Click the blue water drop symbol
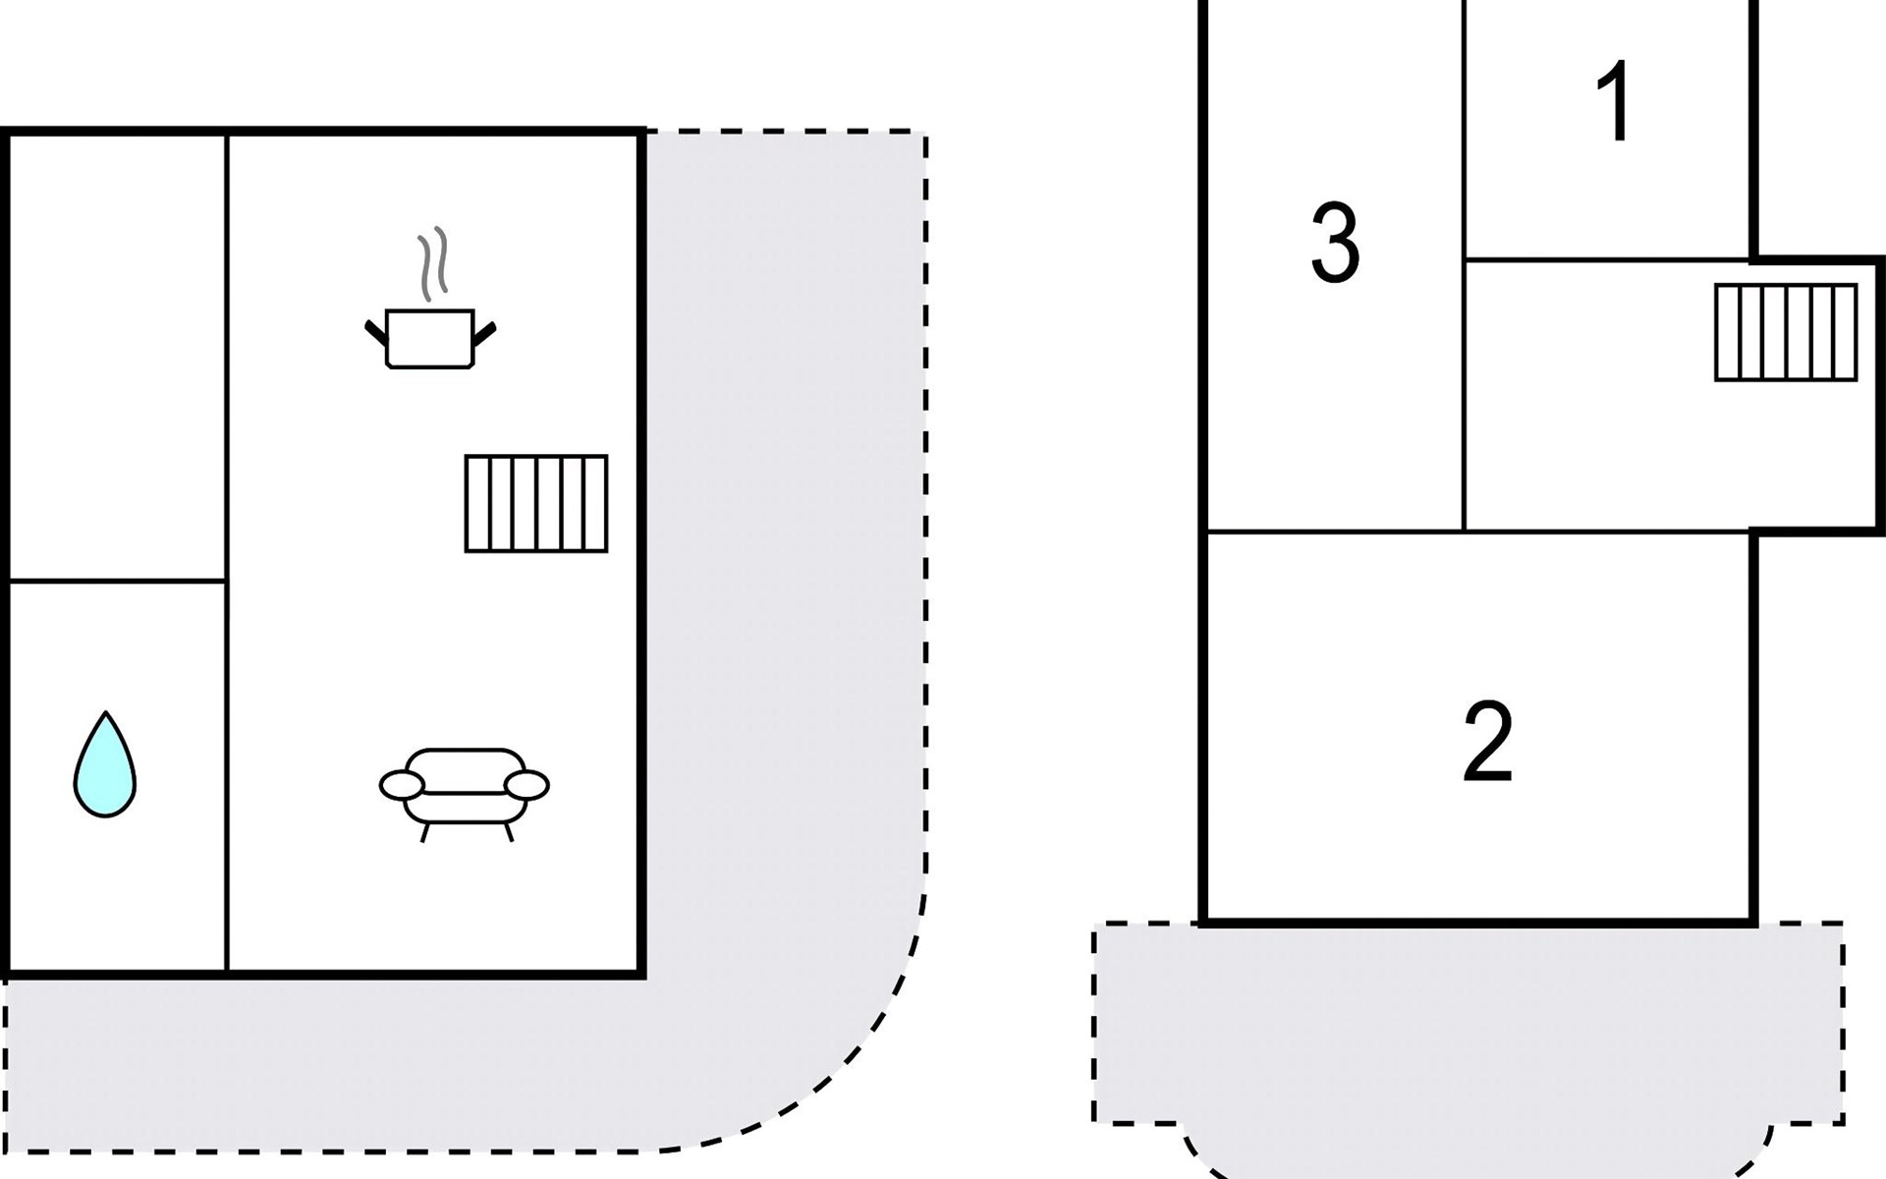point(105,766)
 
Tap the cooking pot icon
point(430,339)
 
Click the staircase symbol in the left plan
point(536,503)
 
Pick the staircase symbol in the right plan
point(1786,332)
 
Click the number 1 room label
point(1615,102)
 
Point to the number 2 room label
point(1487,742)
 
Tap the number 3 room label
point(1336,243)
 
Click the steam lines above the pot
point(432,264)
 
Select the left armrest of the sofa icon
point(402,785)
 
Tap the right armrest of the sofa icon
point(527,785)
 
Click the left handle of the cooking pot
point(376,332)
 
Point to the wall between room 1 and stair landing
point(1607,260)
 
